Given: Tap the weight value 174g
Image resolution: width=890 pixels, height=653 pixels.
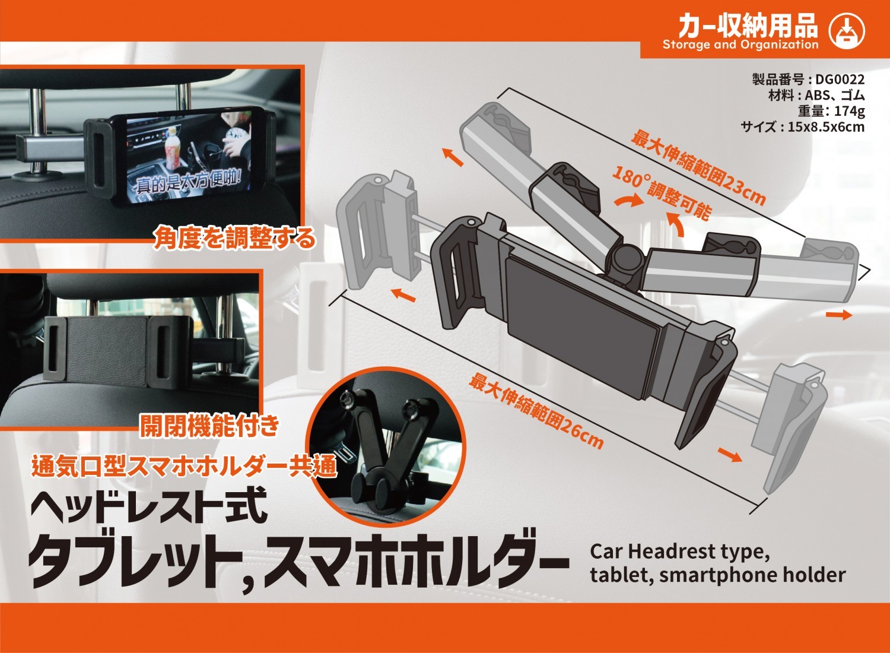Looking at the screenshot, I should [x=849, y=111].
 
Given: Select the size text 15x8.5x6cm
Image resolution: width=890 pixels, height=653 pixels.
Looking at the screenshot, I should [x=826, y=126].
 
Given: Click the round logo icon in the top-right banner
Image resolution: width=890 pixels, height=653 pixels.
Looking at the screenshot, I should [x=847, y=31].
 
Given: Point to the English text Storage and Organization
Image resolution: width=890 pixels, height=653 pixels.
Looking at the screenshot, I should [x=740, y=45].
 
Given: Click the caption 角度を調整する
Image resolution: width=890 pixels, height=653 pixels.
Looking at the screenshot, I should [x=234, y=238].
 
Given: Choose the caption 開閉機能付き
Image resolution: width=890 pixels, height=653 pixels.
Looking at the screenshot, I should [x=209, y=425].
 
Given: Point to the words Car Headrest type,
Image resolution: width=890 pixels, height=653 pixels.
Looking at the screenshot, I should [x=680, y=551].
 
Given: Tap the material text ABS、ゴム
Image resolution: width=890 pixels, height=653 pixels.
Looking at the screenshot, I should [x=834, y=96].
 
